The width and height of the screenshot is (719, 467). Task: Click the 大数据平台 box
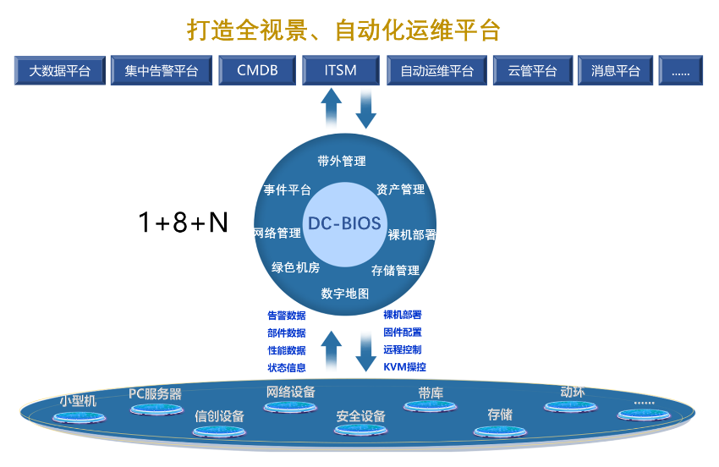coord(60,71)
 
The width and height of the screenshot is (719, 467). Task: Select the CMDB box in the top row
coord(257,71)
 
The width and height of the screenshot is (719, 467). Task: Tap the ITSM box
coord(340,71)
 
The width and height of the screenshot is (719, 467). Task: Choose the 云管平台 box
coord(532,71)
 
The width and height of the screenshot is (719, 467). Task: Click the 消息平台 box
coord(616,71)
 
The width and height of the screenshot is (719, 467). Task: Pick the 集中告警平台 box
coord(161,71)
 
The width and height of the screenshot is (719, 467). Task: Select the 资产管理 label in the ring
coord(400,190)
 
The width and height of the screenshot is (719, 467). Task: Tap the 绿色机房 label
coord(295,268)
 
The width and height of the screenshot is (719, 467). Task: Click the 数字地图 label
coord(345,294)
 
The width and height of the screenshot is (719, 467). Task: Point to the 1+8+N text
coord(184,223)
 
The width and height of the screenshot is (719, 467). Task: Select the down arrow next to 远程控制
coord(365,351)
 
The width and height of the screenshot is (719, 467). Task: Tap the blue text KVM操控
coord(404,367)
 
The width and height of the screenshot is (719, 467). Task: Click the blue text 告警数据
coord(287,316)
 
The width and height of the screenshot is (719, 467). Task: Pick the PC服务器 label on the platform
coord(155,393)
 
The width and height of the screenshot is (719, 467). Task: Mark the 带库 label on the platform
coord(431,393)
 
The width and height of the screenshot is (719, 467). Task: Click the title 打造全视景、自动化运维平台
coord(343,30)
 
